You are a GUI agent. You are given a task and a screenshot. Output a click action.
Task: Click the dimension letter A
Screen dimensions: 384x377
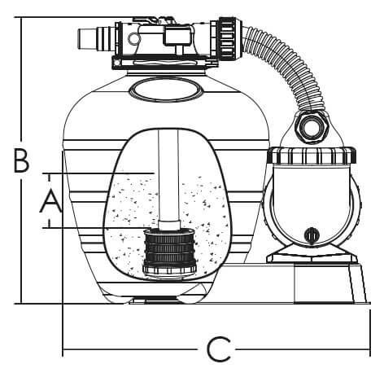pos(50,201)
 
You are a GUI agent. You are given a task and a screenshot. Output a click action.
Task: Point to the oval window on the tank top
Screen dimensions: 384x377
pos(166,88)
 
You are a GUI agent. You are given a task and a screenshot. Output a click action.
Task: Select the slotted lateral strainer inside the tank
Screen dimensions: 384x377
pos(169,251)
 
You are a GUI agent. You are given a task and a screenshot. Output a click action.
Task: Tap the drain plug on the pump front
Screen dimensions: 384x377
pos(311,235)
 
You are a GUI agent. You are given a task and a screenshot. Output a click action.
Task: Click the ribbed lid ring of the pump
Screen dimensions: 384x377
pos(312,156)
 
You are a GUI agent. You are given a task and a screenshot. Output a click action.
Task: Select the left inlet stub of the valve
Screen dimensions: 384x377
pos(96,38)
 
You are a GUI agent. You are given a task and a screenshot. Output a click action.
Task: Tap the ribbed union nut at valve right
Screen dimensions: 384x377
pos(227,38)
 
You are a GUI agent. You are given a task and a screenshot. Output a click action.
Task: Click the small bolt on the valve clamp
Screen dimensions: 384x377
pos(116,63)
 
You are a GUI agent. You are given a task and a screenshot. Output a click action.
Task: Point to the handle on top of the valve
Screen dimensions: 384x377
pos(153,21)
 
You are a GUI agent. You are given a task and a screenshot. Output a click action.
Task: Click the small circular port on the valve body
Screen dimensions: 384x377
pos(133,38)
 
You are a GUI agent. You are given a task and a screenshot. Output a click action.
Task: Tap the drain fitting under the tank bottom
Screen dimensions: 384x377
pos(160,299)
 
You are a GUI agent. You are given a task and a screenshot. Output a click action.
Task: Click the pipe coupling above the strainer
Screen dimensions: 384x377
pos(169,225)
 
